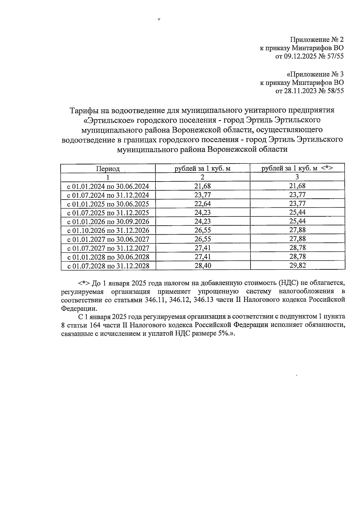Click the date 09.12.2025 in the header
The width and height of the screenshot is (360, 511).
click(x=300, y=56)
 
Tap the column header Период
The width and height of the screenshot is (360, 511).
click(x=108, y=169)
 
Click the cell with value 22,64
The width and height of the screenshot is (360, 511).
click(x=202, y=204)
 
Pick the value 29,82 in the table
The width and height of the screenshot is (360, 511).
click(x=297, y=266)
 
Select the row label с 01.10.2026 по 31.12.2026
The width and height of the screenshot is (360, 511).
click(x=108, y=231)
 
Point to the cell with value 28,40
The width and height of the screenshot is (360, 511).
click(x=202, y=266)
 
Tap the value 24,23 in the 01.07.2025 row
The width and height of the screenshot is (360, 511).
click(x=202, y=213)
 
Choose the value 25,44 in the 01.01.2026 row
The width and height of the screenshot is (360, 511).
click(x=297, y=222)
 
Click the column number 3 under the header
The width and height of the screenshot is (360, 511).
click(x=297, y=177)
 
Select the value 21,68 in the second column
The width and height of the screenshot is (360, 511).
click(x=202, y=186)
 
